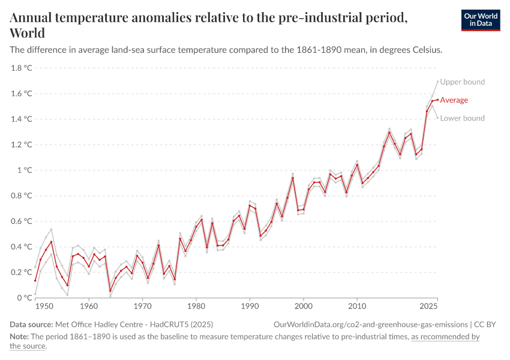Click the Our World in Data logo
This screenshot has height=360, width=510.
[480, 20]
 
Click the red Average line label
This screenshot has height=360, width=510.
[454, 100]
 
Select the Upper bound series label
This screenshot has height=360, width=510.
[462, 82]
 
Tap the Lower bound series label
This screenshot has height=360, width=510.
[462, 118]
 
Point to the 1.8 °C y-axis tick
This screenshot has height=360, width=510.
[21, 68]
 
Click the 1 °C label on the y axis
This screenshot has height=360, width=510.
[24, 170]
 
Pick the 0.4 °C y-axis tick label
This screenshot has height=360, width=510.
[21, 247]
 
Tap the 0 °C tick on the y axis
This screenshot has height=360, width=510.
[24, 298]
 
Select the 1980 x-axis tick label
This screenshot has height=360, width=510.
[196, 307]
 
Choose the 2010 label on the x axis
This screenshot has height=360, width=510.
[357, 307]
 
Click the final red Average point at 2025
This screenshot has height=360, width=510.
[437, 100]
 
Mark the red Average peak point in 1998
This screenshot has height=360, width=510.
[293, 178]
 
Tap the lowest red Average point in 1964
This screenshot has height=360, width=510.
[110, 291]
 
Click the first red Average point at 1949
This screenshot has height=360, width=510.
[35, 280]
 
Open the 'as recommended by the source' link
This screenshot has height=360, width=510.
[445, 337]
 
